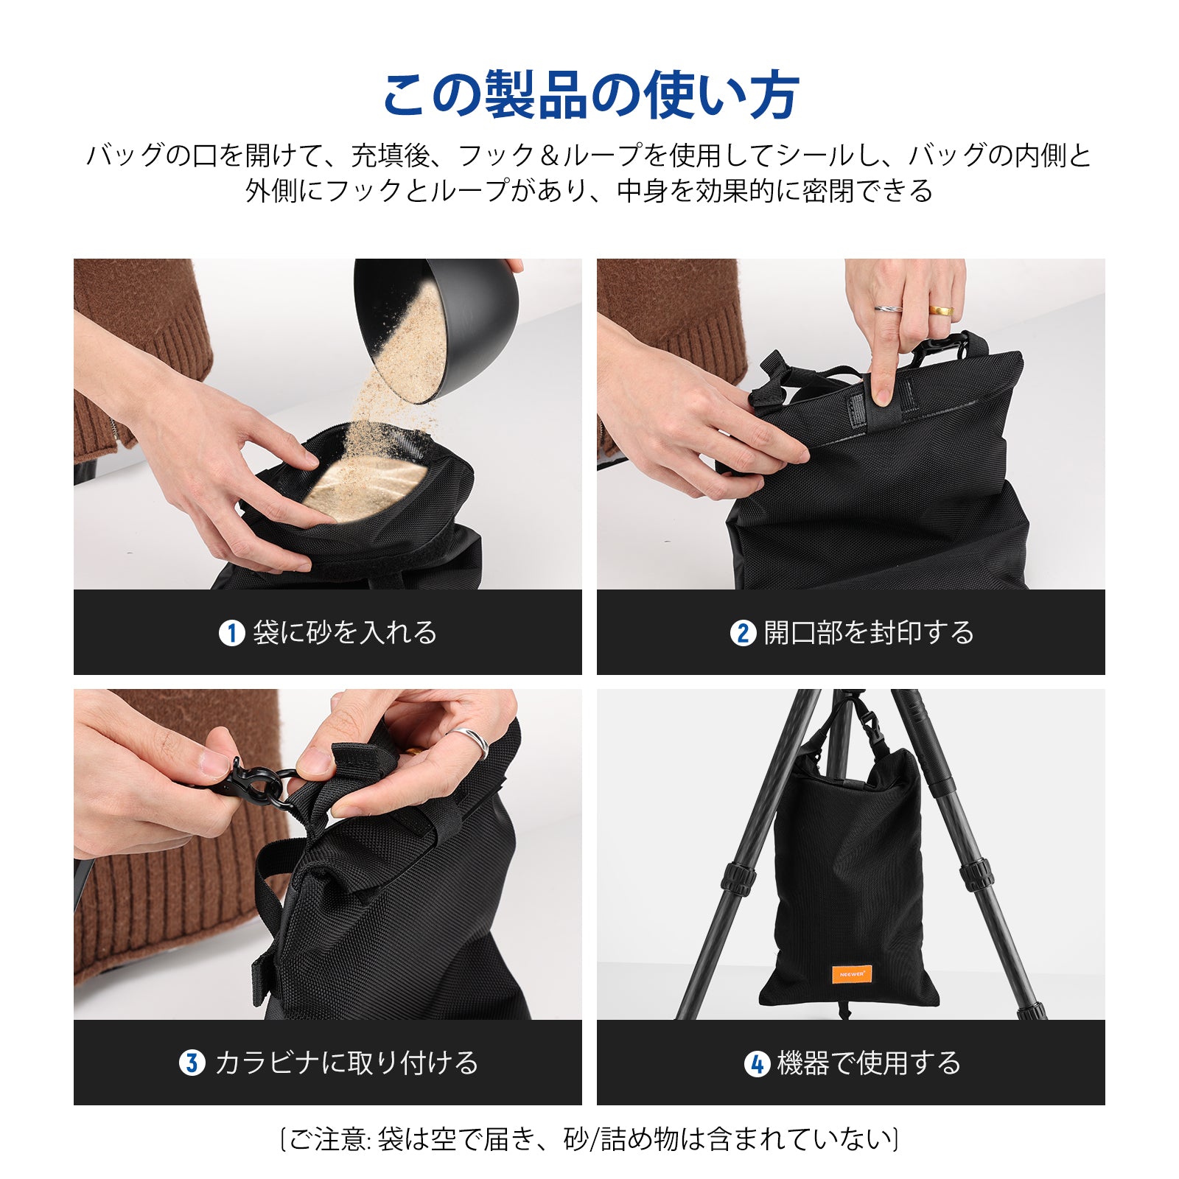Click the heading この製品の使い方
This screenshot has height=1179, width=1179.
pos(590,96)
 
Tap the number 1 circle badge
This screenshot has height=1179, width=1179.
pos(231,633)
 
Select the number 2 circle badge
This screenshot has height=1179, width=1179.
pos(743,633)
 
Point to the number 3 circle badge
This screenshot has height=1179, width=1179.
pos(192,1063)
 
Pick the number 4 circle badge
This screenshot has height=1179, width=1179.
pos(757,1063)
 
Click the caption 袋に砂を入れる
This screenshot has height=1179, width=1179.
pos(345,633)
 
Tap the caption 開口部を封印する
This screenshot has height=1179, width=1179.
pos(869,633)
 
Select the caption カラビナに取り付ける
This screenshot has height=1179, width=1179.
pos(346,1063)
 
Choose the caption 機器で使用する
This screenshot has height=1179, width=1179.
pos(869,1063)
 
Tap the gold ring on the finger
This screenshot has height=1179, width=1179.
pos(940,310)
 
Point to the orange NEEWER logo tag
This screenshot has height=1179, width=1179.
pos(852,973)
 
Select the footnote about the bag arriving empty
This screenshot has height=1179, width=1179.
pos(589,1139)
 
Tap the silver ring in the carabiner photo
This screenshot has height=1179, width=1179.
pos(472,742)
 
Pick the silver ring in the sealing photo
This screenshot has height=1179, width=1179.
pos(888,309)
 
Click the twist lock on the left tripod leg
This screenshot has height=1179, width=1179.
pos(739,876)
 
